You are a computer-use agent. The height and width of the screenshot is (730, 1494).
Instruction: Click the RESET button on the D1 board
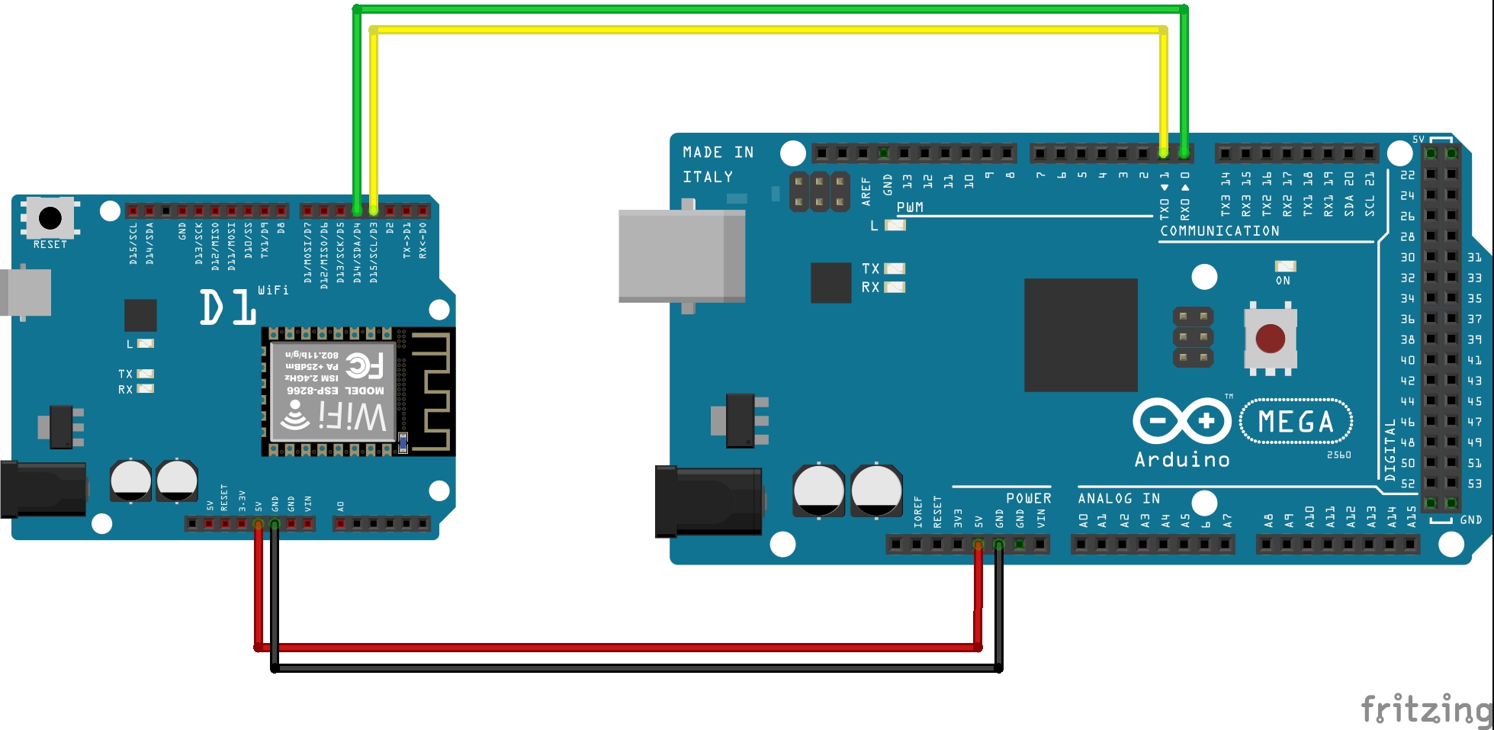pos(50,217)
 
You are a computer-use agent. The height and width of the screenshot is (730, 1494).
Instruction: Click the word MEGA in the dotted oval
pos(1296,422)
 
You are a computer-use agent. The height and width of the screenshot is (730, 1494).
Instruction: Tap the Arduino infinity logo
pos(1181,421)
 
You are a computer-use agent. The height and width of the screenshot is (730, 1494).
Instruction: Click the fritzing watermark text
pos(1425,709)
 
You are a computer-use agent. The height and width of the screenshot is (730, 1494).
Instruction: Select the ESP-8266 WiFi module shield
pos(333,391)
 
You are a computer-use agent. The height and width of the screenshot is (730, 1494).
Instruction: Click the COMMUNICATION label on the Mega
pos(1219,231)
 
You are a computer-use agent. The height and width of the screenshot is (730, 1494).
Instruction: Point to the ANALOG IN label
pos(1119,498)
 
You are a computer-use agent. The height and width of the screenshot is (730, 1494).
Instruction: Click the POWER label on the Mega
pos(1028,498)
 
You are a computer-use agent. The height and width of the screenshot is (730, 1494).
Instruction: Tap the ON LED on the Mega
pos(1285,266)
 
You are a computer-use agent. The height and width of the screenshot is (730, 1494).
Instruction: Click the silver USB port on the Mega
pos(681,256)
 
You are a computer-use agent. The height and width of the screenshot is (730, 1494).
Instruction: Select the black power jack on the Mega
pos(708,501)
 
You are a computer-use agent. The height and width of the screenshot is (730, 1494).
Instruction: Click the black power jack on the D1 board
pos(43,490)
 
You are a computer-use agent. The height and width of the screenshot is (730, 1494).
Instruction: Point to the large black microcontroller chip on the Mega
pos(1081,335)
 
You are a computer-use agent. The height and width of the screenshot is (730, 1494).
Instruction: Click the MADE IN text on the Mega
pos(718,153)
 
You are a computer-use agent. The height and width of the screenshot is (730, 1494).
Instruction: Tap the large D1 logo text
pos(227,307)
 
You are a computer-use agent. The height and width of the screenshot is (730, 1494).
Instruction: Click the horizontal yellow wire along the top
pos(763,30)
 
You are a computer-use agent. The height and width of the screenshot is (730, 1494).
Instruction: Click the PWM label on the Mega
pos(910,207)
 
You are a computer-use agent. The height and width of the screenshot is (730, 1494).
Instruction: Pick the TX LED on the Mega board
pos(895,269)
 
